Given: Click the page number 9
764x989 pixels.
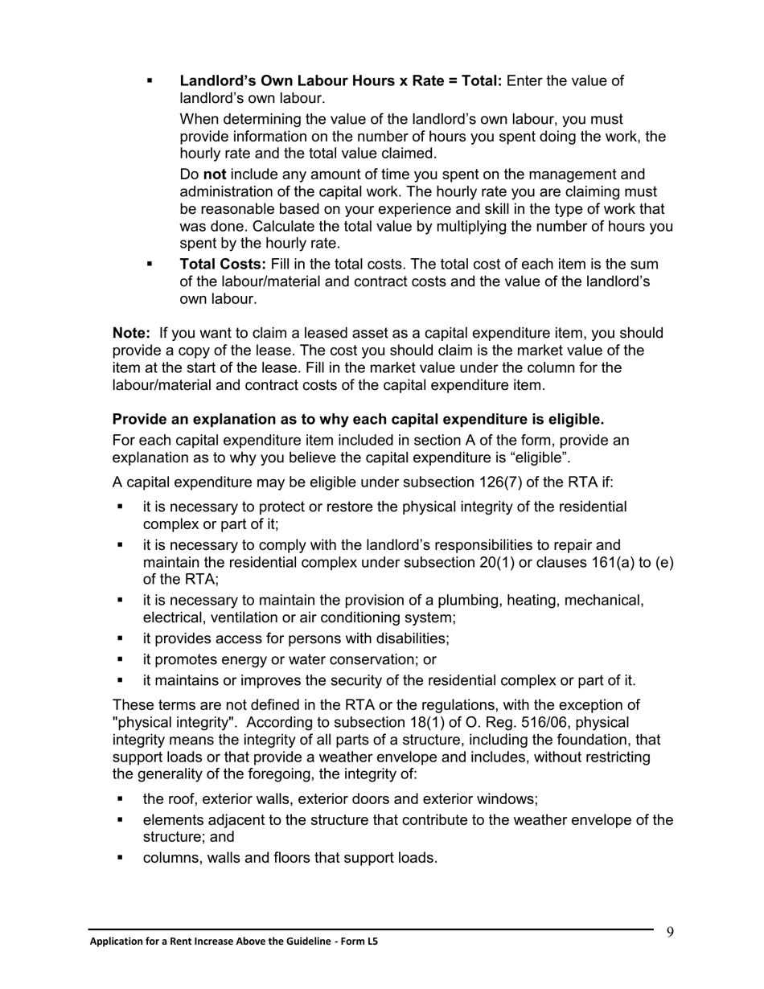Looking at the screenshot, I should [x=670, y=932].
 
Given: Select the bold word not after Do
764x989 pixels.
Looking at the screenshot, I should [x=213, y=174].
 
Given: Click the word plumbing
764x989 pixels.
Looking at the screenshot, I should [x=476, y=601].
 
